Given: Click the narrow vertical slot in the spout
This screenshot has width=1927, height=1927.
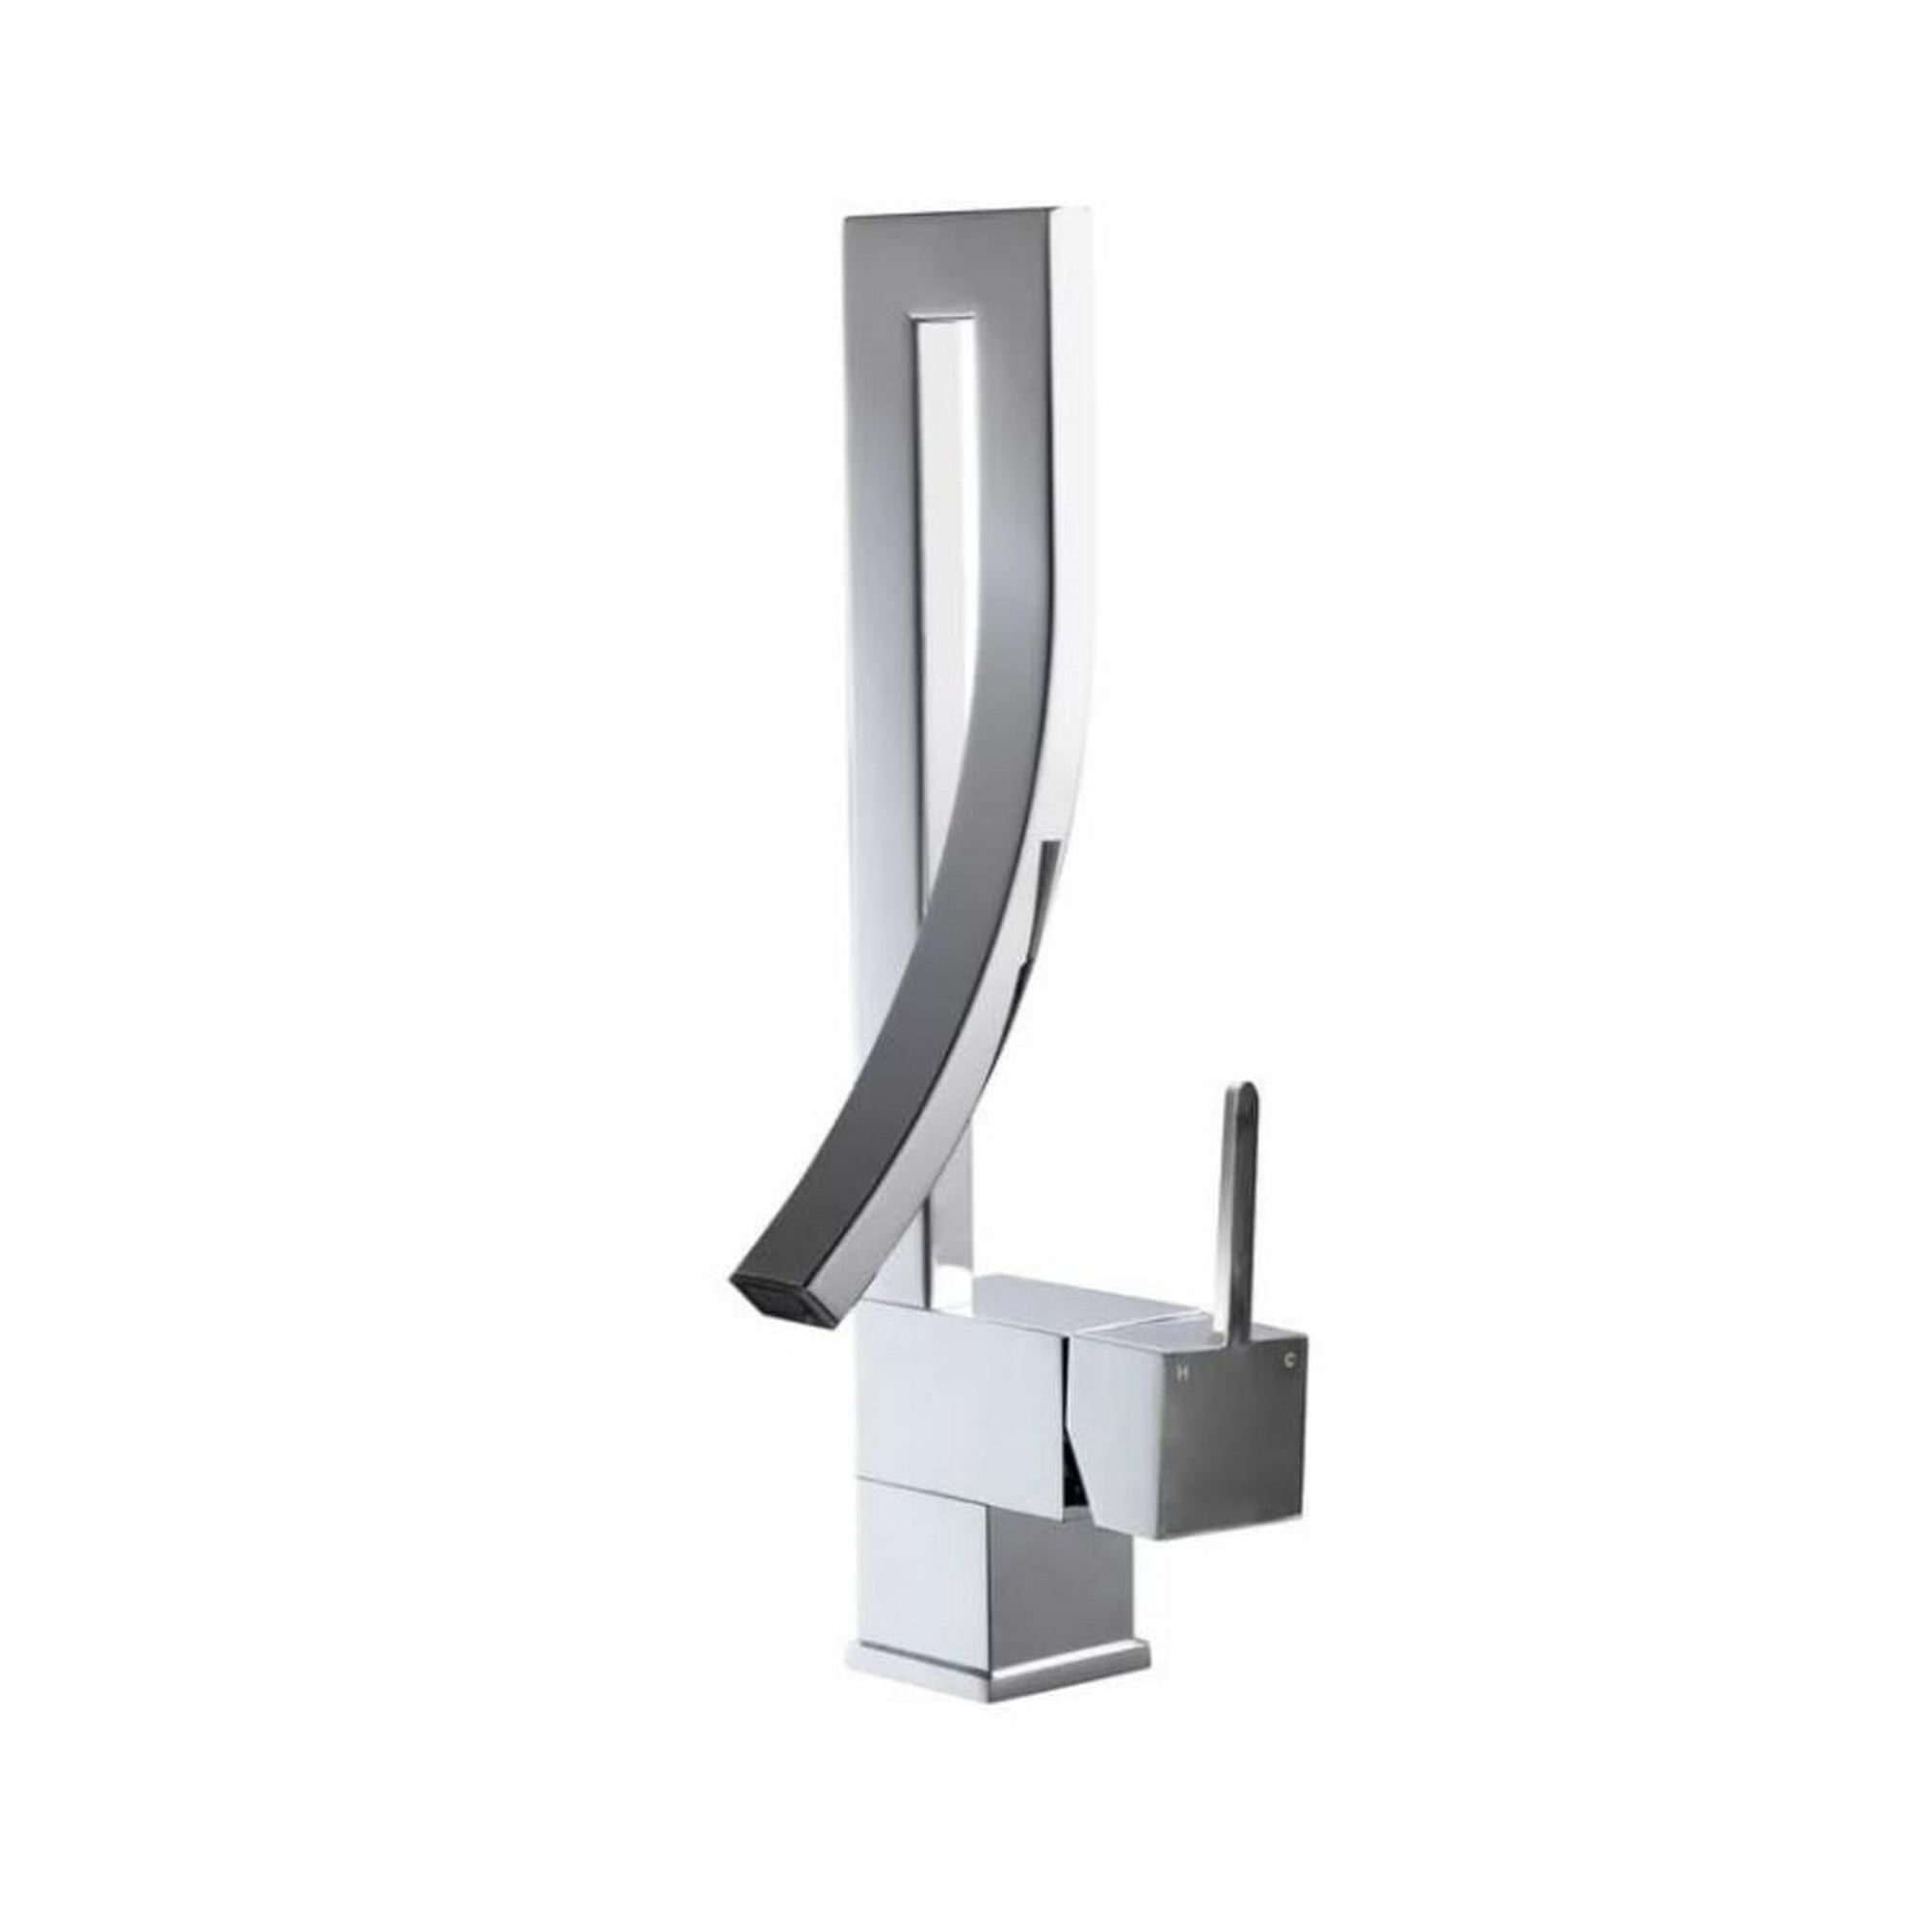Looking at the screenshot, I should tap(937, 699).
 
